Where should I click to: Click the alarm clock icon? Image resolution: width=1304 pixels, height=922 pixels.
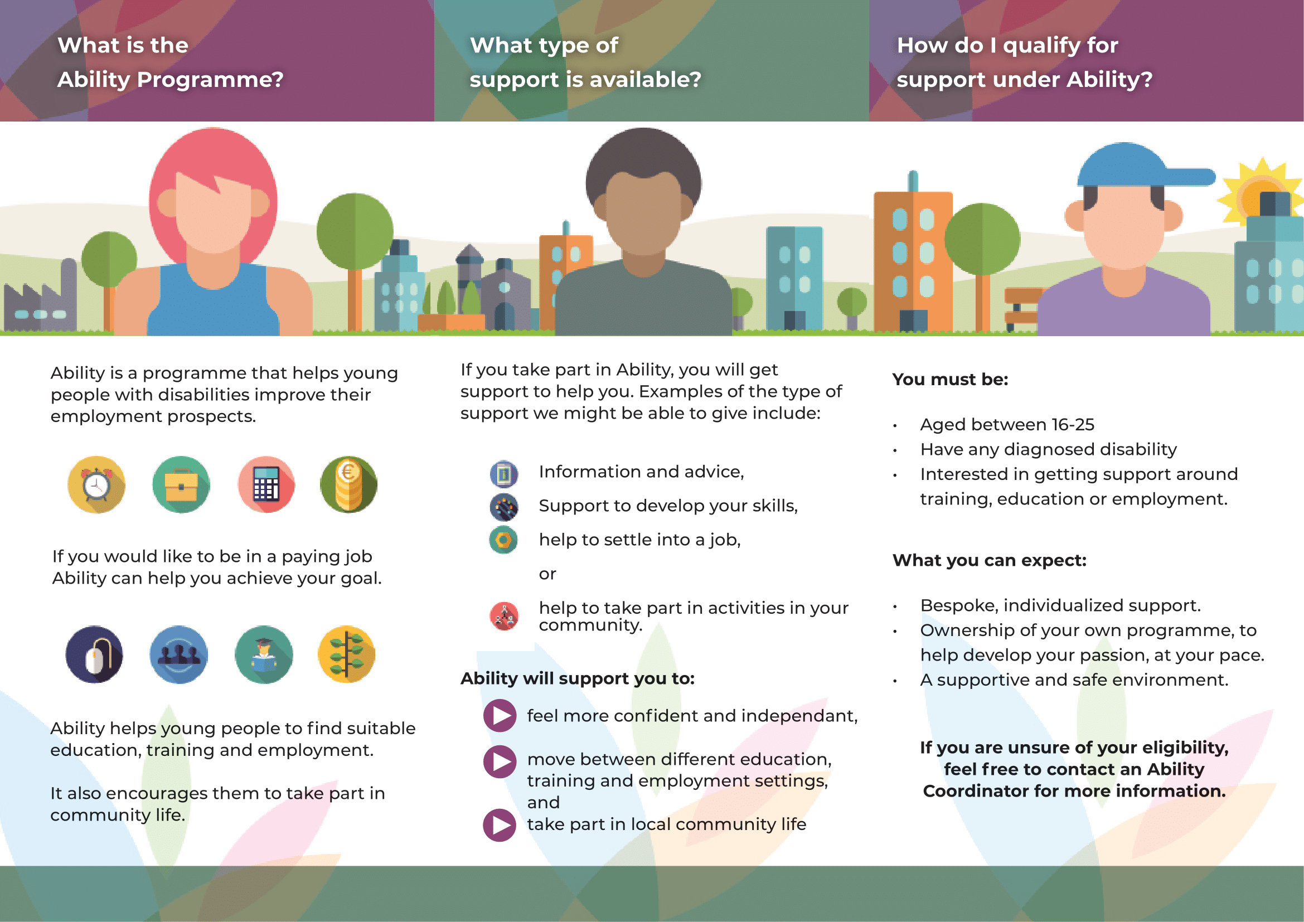coord(96,485)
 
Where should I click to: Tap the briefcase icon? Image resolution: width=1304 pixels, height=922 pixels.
coord(181,485)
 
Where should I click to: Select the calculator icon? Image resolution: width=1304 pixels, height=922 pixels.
coord(266,485)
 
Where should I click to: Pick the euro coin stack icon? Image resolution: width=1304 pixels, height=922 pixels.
coord(348,485)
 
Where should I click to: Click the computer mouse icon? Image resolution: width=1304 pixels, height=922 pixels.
coord(94,654)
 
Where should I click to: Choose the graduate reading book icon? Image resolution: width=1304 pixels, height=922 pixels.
coord(264,654)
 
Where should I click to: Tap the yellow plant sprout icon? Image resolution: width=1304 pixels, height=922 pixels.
coord(347,654)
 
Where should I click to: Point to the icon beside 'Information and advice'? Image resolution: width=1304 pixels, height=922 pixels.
coord(504,474)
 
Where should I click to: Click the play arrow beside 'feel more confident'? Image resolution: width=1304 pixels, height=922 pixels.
coord(500,715)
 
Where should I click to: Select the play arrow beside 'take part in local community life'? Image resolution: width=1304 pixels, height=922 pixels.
coord(500,825)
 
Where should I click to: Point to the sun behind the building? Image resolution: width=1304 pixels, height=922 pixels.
coord(1261,196)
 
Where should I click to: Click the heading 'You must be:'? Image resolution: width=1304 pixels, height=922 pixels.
coord(950,379)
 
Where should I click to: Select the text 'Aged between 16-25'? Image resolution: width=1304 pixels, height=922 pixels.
coord(1007,424)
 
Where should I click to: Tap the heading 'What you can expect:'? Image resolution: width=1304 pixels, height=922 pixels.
coord(990,560)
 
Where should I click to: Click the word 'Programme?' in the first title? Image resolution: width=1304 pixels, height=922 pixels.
coord(210,80)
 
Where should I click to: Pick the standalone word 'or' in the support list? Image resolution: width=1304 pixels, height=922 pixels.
coord(547,574)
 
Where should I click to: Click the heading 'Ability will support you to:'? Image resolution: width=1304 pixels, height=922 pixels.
coord(578,678)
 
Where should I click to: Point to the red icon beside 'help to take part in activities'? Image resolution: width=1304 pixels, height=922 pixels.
coord(504,616)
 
